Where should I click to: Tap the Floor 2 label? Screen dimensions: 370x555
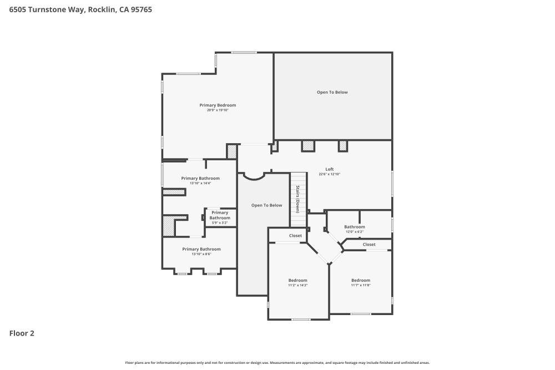pos(22,333)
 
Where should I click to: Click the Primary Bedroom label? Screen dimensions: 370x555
pos(218,105)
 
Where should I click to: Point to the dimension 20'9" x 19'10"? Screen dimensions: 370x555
pos(218,110)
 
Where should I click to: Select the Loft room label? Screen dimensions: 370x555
pos(329,169)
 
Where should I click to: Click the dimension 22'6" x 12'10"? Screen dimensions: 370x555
pos(329,174)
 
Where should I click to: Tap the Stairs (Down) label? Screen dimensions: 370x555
pos(297,199)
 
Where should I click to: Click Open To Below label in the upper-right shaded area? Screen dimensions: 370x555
pos(332,92)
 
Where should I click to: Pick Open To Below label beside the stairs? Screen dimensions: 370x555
pos(266,205)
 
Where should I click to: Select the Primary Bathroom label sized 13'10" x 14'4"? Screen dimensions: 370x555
pos(200,178)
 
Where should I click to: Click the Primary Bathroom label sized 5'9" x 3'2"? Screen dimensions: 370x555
pos(220,215)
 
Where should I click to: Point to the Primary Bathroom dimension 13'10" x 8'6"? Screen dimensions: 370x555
pos(201,254)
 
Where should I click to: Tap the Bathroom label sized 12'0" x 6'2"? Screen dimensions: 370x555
pos(354,226)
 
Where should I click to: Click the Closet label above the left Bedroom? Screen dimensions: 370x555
pos(295,236)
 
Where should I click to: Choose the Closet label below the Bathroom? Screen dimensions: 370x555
pos(369,244)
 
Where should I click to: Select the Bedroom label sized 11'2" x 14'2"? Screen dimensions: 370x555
pos(297,280)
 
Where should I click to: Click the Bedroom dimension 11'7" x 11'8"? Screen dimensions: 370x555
pos(360,285)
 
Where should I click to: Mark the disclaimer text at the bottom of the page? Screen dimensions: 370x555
pos(277,362)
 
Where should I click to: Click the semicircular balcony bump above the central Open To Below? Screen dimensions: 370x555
pos(255,176)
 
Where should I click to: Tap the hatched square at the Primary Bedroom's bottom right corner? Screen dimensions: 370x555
pos(231,151)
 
